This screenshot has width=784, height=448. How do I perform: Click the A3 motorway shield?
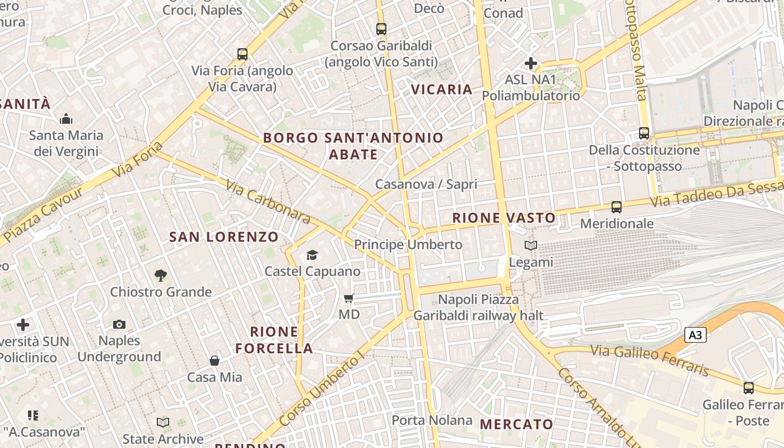tap(695, 335)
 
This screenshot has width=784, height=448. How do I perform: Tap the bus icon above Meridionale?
tap(617, 207)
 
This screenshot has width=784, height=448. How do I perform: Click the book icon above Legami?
tap(531, 245)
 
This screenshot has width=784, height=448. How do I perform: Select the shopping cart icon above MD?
tap(349, 298)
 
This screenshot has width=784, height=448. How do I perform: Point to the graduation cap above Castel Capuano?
tap(312, 255)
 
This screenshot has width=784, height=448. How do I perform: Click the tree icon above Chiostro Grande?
tap(161, 275)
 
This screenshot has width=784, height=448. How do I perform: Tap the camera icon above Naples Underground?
tap(119, 324)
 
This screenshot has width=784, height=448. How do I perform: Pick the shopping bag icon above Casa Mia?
tap(214, 360)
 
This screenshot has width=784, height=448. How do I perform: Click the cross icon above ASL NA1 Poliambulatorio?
tap(531, 63)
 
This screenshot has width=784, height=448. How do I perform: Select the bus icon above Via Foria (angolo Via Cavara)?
tap(242, 54)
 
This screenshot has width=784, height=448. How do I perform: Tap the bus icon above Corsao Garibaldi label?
tap(381, 29)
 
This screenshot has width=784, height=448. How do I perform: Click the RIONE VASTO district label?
tap(504, 218)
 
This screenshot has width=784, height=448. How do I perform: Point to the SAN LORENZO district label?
tap(224, 237)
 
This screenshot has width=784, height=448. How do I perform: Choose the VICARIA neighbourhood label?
tap(442, 90)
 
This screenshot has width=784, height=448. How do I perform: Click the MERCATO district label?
tap(517, 424)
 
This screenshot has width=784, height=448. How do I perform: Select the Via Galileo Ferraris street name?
tap(650, 360)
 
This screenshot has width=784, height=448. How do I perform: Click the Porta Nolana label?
tap(432, 420)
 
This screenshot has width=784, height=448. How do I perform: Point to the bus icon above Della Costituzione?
tap(644, 133)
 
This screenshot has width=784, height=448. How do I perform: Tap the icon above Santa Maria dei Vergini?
tap(66, 119)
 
